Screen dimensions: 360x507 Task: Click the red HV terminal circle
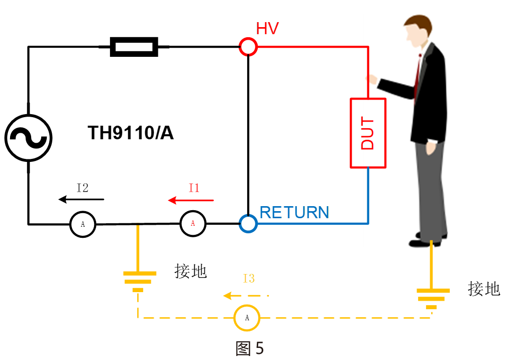click(248, 47)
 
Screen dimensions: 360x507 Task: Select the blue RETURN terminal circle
click(248, 223)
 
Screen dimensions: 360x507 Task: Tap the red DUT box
click(368, 133)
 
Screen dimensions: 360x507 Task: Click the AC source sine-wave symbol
click(29, 138)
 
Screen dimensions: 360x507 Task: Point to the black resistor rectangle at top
click(134, 47)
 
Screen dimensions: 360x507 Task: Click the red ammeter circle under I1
click(193, 223)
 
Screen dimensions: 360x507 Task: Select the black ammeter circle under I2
click(83, 224)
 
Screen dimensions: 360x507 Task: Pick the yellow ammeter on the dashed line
click(247, 318)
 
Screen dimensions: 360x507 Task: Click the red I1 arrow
click(191, 201)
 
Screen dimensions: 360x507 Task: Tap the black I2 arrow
click(81, 200)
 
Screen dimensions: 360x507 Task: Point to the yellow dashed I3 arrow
click(246, 296)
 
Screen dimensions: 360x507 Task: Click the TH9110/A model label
click(131, 133)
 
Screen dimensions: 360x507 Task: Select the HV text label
click(267, 29)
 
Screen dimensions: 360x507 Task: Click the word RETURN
click(294, 213)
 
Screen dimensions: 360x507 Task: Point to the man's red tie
click(417, 75)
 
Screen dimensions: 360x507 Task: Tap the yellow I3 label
click(249, 278)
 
